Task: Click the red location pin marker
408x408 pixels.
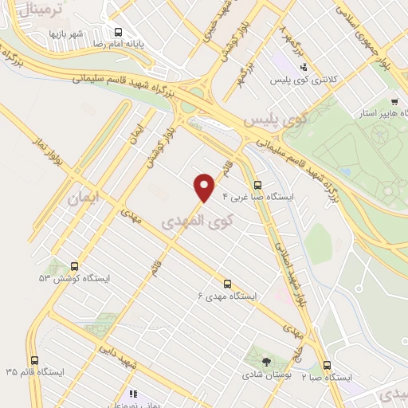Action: click(x=206, y=186)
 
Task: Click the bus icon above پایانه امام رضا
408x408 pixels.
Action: click(x=119, y=33)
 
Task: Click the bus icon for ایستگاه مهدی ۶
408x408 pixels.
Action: click(x=228, y=283)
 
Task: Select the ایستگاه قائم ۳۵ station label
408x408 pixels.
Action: click(x=33, y=372)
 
